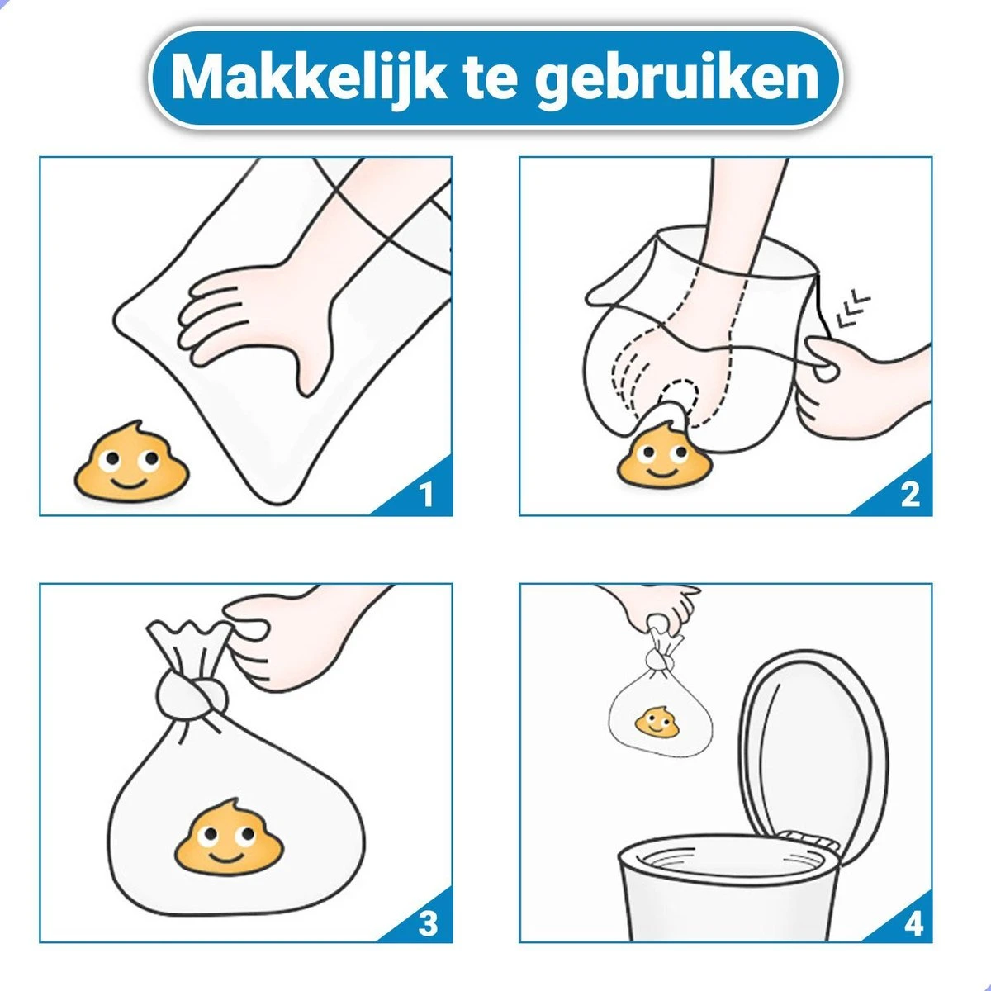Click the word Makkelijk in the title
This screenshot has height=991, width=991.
[x=309, y=78]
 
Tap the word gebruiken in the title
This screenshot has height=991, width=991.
[x=677, y=81]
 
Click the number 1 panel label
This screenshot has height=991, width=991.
[x=426, y=494]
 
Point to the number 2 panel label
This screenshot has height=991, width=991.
[x=910, y=494]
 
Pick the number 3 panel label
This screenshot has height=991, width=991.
[x=427, y=924]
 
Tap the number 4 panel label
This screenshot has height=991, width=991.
[x=913, y=924]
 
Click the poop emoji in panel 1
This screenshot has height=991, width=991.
[x=132, y=462]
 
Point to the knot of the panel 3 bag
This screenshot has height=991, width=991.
[x=192, y=693]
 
